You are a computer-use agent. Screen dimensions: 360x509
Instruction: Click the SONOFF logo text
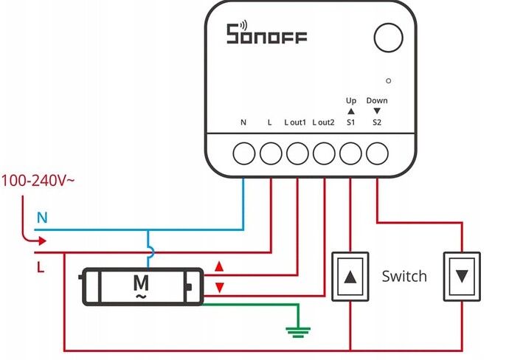[x=266, y=34]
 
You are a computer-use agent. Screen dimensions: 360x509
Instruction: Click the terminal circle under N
[x=243, y=153]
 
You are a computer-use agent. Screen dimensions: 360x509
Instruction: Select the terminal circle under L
[x=271, y=153]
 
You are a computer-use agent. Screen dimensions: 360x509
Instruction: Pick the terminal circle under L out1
[x=297, y=153]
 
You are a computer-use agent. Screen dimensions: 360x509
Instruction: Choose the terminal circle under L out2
[x=324, y=153]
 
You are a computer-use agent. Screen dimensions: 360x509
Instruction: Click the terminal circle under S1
[x=350, y=153]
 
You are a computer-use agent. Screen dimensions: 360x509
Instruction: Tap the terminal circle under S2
[x=377, y=153]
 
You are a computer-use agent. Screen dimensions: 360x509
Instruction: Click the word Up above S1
[x=350, y=100]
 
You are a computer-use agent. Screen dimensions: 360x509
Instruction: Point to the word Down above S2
[x=377, y=100]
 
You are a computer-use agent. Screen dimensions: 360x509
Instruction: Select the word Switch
[x=404, y=276]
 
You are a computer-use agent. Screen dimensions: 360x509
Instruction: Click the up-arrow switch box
[x=350, y=276]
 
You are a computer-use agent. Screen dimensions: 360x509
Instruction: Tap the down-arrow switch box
[x=462, y=276]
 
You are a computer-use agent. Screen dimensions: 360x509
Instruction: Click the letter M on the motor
[x=140, y=281]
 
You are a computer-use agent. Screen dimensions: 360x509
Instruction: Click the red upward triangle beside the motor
[x=218, y=266]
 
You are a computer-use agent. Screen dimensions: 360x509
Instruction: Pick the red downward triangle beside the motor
[x=218, y=286]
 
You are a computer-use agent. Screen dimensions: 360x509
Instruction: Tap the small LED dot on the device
[x=388, y=79]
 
